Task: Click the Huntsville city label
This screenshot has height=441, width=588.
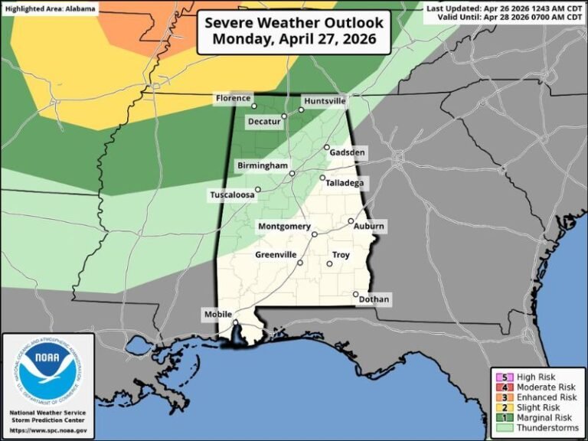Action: coord(325,101)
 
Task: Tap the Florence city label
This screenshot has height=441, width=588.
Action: coord(232,98)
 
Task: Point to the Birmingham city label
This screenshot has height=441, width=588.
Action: coord(261,165)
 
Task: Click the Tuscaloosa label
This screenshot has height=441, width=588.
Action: coord(232,195)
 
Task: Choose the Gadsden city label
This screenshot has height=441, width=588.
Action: coord(348,153)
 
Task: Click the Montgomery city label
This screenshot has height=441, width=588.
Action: coord(284,227)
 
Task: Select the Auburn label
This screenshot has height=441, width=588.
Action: coord(369,227)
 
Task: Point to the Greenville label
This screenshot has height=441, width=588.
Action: coord(276,254)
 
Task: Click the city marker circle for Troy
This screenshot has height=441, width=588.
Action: coord(329,264)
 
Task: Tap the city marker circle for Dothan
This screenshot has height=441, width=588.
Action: coord(355,294)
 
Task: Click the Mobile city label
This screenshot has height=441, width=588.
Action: coord(217,315)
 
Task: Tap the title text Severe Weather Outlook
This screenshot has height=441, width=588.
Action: coord(294,23)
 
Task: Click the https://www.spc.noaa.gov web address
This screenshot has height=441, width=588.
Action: coord(47,430)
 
